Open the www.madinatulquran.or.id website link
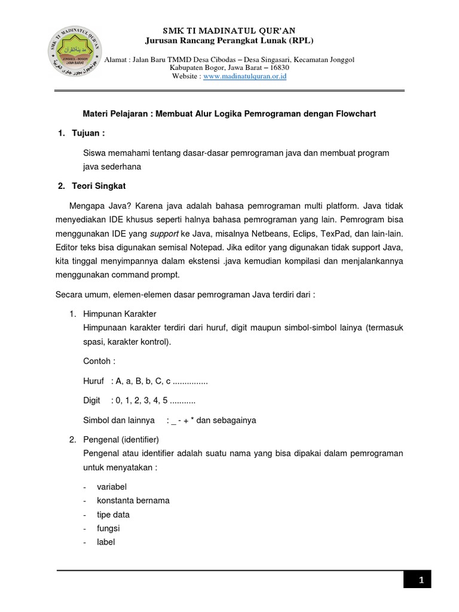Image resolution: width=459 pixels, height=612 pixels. click(245, 76)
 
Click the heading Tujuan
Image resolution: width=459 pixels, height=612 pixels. click(91, 132)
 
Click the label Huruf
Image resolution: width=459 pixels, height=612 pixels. click(93, 381)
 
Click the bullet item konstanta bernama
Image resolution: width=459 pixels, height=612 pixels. click(133, 500)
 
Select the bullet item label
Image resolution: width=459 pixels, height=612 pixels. click(106, 542)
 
